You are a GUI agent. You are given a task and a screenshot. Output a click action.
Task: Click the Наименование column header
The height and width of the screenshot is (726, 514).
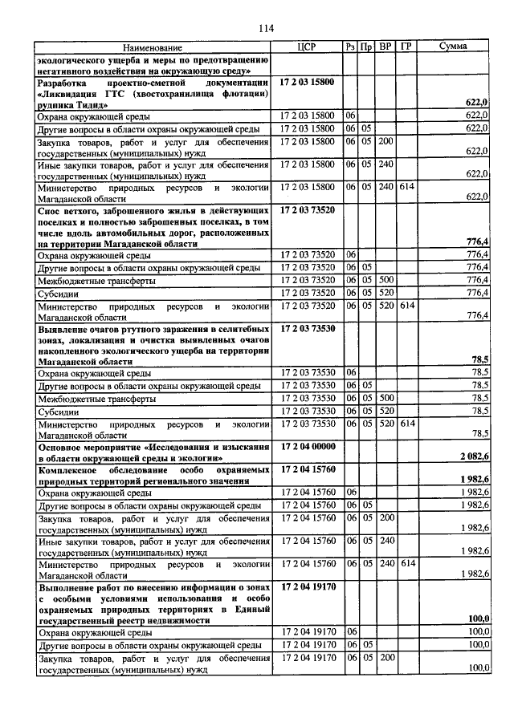(153, 48)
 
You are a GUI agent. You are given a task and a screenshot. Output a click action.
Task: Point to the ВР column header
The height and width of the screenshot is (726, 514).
(385, 48)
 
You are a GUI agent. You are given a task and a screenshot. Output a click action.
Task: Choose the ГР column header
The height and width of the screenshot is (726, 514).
(406, 48)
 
